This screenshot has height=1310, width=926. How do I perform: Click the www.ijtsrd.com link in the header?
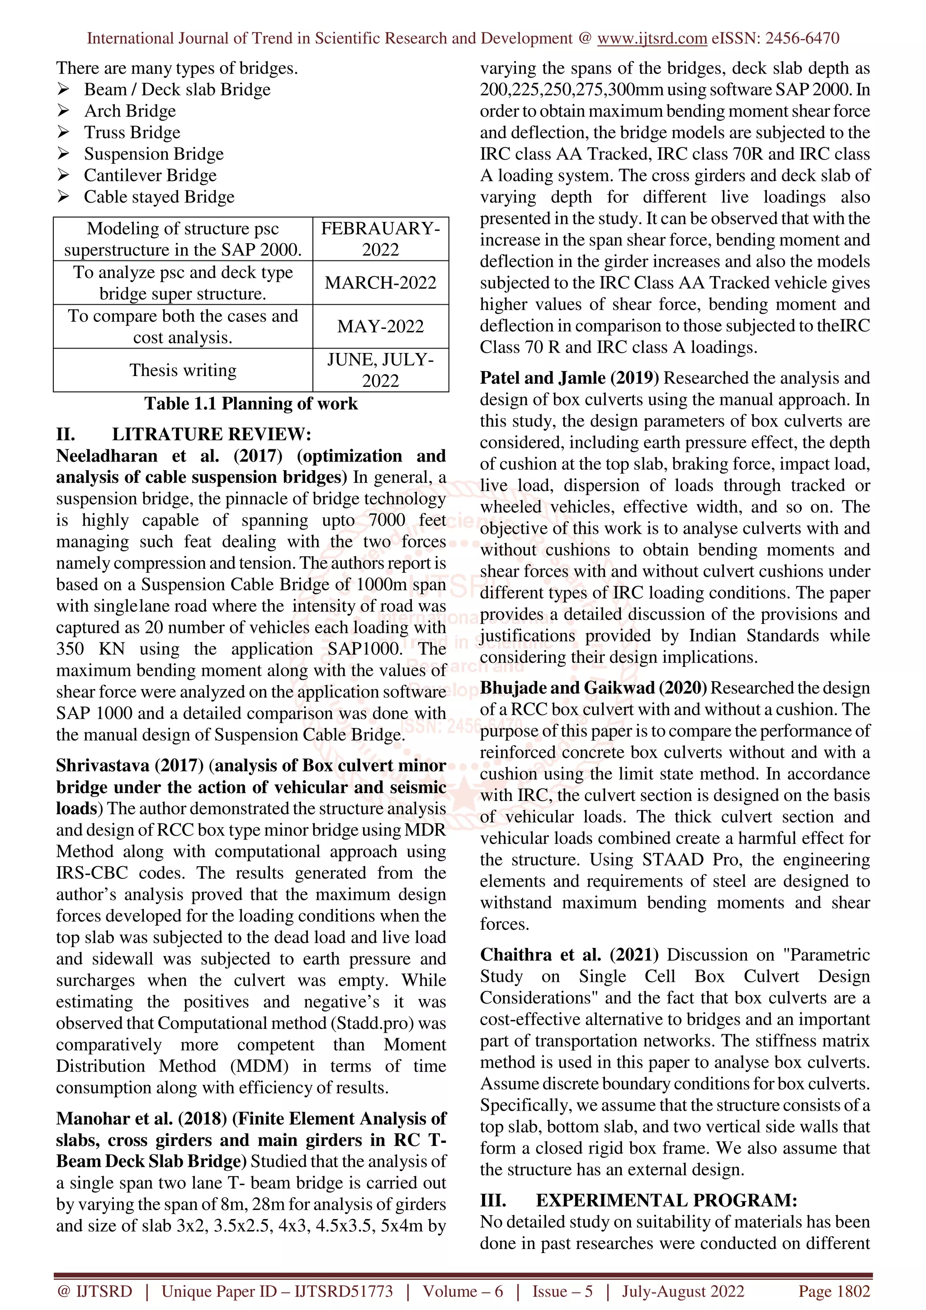pyautogui.click(x=652, y=38)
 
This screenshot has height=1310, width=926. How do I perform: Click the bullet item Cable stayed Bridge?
pyautogui.click(x=159, y=197)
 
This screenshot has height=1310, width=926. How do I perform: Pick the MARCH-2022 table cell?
pyautogui.click(x=381, y=283)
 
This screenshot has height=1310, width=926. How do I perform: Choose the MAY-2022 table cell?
pyautogui.click(x=381, y=326)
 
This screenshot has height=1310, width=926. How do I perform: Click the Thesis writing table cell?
pyautogui.click(x=183, y=370)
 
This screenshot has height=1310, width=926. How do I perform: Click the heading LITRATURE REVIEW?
pyautogui.click(x=211, y=434)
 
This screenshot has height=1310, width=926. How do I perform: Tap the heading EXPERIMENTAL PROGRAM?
pyautogui.click(x=666, y=1201)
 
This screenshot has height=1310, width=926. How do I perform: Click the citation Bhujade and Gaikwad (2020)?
pyautogui.click(x=593, y=688)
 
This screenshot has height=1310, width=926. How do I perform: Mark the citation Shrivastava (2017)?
pyautogui.click(x=129, y=766)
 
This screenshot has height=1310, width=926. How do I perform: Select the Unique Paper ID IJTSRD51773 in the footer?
pyautogui.click(x=277, y=1291)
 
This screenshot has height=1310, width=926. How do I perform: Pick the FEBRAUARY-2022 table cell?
pyautogui.click(x=381, y=239)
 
